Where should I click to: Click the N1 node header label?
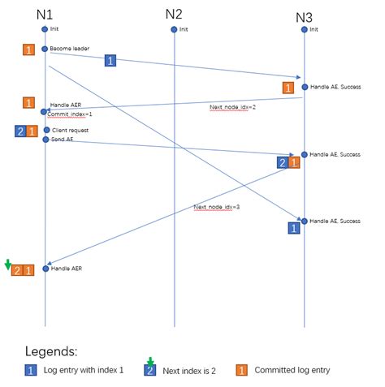coord(45,15)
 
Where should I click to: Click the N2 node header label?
coord(174,14)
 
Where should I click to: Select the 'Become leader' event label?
coord(70,49)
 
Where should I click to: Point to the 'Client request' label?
coord(70,130)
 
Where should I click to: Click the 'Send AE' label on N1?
coord(63,140)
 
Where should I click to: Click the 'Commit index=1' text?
coord(69,114)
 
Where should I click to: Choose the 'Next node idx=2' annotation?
coord(233,107)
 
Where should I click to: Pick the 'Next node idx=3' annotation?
coord(217,207)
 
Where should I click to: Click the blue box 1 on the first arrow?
coord(110,59)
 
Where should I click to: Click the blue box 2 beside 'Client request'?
coord(19,131)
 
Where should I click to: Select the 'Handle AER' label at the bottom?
coord(67,268)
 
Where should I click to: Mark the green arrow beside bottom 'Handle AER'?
coord(7,264)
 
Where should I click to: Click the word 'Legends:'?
coord(51,352)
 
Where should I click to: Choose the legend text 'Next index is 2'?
coord(192,371)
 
